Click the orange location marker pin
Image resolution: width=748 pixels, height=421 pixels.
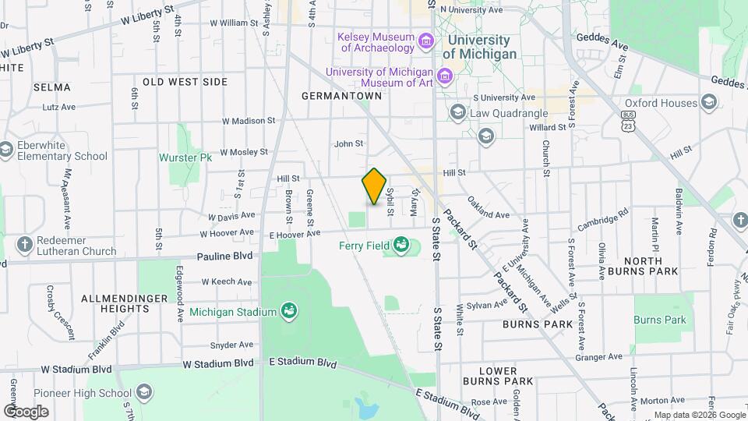point(374,186)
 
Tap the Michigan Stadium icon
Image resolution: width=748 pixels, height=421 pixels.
point(289,312)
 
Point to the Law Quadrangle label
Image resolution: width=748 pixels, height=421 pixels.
point(509,114)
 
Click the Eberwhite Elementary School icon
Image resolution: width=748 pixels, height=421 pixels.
point(6,149)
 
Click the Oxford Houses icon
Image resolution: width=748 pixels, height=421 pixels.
point(708,102)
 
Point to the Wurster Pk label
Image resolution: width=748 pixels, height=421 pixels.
point(185,157)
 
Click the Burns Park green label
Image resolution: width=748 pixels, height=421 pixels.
point(659,320)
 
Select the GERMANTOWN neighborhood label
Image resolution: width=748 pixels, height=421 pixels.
point(343,96)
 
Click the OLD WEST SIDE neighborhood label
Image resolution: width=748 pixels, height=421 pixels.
point(185,82)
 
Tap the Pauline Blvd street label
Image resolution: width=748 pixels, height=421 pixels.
point(225,255)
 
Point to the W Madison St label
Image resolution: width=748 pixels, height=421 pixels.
point(249,121)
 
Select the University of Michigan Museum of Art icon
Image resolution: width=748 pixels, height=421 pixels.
point(444,76)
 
